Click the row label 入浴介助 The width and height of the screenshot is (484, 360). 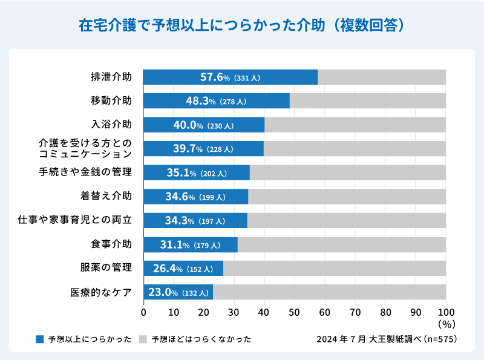tap(111, 125)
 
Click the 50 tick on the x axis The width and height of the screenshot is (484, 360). tap(295, 312)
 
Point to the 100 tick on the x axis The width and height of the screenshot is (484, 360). tap(446, 312)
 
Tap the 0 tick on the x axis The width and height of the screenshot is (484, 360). tap(143, 312)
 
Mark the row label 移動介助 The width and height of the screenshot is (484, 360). tap(111, 100)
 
